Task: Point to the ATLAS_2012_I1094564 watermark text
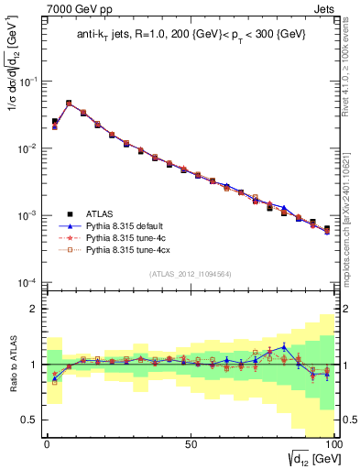(x=190, y=273)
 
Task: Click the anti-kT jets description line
(x=191, y=37)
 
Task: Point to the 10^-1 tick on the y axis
(x=29, y=82)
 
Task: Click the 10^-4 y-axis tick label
(x=29, y=282)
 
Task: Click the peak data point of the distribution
(x=69, y=104)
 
